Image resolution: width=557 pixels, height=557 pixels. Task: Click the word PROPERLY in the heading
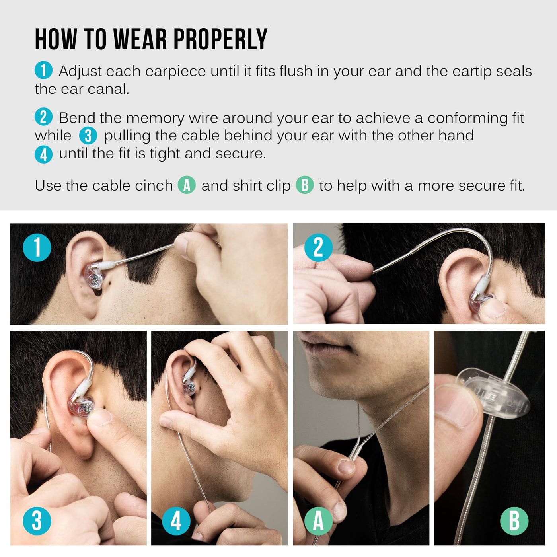coord(220,39)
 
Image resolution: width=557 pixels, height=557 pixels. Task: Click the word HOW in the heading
coord(56,39)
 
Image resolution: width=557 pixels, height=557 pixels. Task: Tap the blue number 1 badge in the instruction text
coord(43,70)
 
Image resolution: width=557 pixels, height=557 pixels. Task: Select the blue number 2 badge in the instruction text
coord(43,117)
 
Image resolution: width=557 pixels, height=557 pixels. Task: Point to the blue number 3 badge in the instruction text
coord(88,135)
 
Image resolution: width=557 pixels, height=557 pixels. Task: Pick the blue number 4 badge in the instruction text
coord(43,154)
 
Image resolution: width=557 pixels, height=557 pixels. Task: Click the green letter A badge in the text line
coord(187,185)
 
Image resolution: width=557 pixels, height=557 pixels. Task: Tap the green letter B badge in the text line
coord(305,185)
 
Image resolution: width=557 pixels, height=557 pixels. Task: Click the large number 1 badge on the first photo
coord(37,247)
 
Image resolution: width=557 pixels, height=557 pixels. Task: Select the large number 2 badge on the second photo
coord(319,247)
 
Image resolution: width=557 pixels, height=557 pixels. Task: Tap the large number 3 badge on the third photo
coord(37,521)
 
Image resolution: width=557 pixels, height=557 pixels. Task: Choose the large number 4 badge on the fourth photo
coord(176,521)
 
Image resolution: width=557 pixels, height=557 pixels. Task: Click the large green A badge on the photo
coord(319,521)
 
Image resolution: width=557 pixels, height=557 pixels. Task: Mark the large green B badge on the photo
coord(514,521)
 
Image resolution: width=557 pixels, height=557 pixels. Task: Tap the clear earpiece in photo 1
coord(94,276)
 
